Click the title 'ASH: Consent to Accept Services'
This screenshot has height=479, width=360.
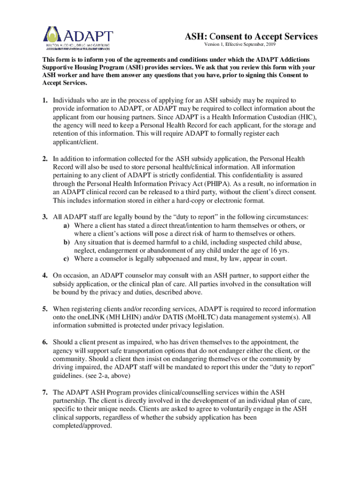click(252, 36)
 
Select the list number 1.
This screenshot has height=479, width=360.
click(44, 101)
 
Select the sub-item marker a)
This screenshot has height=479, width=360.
click(67, 225)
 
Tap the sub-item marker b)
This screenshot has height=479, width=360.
click(67, 242)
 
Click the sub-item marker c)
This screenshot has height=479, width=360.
click(67, 259)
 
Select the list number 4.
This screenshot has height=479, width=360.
click(44, 276)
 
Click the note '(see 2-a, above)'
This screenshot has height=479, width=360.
click(109, 376)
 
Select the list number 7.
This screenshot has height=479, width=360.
click(44, 392)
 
